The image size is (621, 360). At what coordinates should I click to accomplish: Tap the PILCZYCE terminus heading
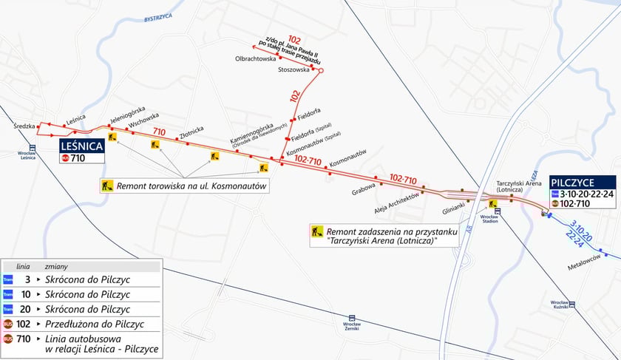coord(581,182)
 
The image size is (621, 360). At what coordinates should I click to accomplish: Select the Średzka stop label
coord(24,126)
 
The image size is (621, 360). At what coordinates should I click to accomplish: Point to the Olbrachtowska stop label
coord(255,58)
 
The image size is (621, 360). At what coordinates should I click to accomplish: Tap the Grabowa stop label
coord(364,186)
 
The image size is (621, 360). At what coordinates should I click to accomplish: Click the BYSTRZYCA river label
coord(158,16)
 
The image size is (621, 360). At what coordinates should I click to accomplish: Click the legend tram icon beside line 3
coord(8,279)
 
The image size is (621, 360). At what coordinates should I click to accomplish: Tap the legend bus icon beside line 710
coord(8,339)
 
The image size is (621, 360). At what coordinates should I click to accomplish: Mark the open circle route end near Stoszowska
coord(320,70)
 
